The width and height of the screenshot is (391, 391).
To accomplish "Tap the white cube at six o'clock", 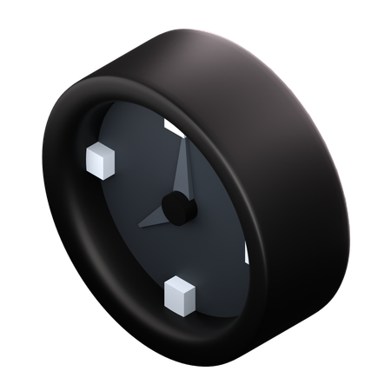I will click(x=180, y=295).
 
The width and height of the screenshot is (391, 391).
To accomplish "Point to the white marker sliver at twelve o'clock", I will click(x=171, y=129).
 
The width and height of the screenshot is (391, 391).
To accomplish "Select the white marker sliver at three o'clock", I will click(x=247, y=255).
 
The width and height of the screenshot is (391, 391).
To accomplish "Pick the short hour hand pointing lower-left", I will click(x=156, y=216).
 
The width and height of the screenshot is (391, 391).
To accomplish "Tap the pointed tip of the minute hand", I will click(x=182, y=143).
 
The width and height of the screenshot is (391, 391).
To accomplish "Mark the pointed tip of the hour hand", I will click(x=138, y=225).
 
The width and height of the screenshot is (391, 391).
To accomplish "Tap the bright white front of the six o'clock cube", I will click(x=175, y=300).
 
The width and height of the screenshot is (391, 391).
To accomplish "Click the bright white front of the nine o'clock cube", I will click(x=95, y=164).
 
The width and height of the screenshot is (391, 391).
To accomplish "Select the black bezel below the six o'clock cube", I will click(x=174, y=335).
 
